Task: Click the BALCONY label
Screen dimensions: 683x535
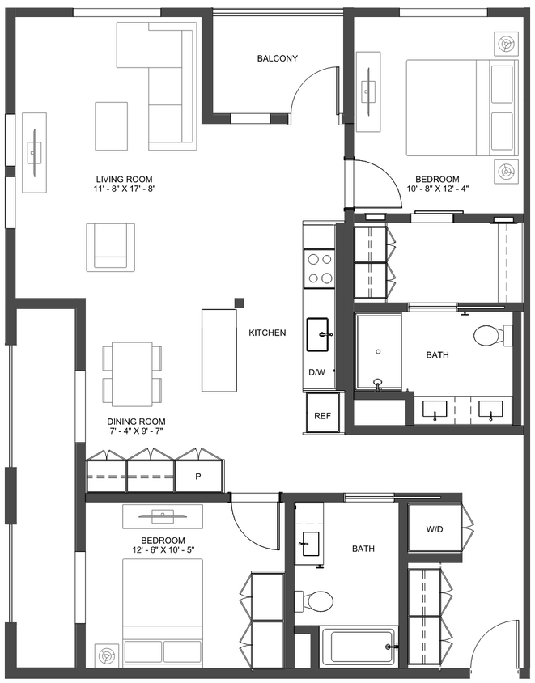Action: point(278,58)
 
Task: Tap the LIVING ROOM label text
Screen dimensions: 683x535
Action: point(124,180)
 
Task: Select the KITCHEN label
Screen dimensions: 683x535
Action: point(267,333)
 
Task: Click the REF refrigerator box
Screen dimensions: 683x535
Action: point(322,416)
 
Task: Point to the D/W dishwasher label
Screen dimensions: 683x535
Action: point(316,373)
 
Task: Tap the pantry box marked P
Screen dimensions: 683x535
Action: point(197,477)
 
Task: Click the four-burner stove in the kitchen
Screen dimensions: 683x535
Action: point(319,269)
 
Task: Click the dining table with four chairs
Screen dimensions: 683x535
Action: point(132,374)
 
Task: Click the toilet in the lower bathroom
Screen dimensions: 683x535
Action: point(316,600)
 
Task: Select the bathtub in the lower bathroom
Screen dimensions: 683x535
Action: point(359,647)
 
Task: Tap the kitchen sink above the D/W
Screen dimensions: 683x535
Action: point(318,334)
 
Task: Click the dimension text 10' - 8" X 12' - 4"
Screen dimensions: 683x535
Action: point(437,190)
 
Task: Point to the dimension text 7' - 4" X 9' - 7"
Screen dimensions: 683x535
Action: point(136,432)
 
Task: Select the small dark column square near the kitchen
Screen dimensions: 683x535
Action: point(240,303)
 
